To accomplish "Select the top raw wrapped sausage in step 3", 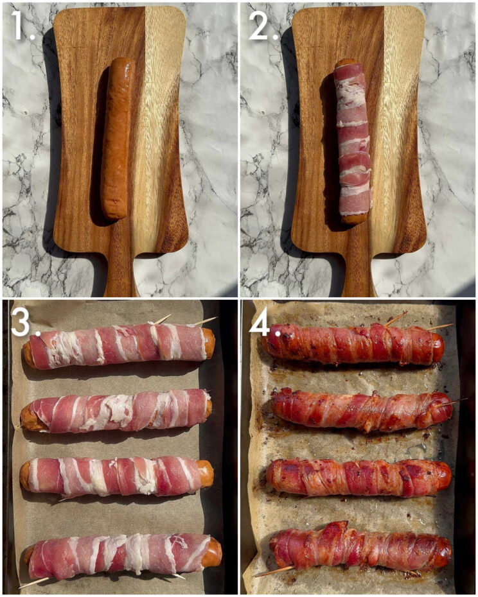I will point(119,347).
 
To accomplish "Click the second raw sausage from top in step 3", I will point(116,411).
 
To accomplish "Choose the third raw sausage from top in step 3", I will point(116,476).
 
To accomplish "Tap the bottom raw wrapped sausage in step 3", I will point(122,553).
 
